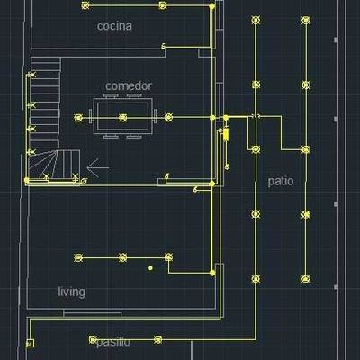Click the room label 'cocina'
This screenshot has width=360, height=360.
pos(114,26)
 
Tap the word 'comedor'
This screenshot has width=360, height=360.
pos(129,86)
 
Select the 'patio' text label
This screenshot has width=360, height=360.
pos(281,181)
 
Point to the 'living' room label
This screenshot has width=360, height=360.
pos(71,292)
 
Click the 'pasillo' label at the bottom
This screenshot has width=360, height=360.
pos(113,342)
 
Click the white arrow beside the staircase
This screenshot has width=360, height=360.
pos(98,168)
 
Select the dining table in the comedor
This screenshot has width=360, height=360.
pos(122,118)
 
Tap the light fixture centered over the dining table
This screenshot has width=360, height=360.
pos(122,118)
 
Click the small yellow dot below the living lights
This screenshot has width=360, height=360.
pos(150,268)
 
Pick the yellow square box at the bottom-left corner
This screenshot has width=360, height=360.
pos(30,343)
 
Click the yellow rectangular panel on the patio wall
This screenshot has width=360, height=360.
pos(226,134)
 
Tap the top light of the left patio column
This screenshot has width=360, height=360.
pos(256,20)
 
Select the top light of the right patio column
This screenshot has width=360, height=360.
pos(306,20)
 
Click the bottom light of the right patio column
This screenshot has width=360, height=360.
pos(306,279)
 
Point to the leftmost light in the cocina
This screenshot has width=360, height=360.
pos(85,5)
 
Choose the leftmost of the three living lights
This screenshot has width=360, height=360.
pos(78,257)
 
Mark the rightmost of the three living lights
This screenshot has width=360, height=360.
pos(169,257)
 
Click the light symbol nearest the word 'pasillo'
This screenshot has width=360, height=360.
pos(93,339)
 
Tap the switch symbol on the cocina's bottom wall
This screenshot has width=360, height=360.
pos(164,46)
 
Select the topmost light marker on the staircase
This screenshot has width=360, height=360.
pos(31,75)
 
